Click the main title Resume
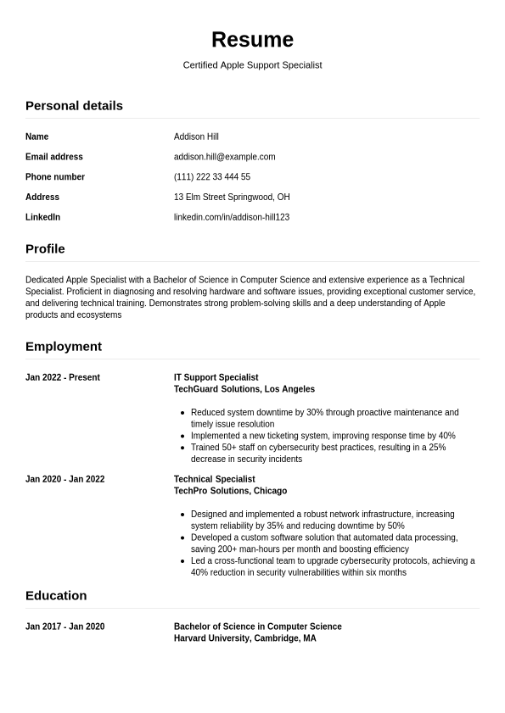pos(252,40)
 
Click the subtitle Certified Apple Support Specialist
pos(252,65)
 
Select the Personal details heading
pos(74,106)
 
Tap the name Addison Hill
pos(196,136)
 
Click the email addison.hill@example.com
pos(224,157)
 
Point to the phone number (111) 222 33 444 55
pos(212,177)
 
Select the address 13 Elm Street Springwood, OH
pos(232,198)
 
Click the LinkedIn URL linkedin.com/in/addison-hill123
pos(232,218)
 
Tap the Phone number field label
pos(55,177)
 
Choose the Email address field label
pos(54,157)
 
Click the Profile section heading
pos(45,249)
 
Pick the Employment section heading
pos(64,347)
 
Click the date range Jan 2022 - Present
pos(63,378)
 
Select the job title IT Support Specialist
pos(216,378)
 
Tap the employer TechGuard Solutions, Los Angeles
pos(244,390)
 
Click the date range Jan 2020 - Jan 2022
pos(65,480)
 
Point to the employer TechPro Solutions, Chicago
pos(230,492)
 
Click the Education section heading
pos(56,596)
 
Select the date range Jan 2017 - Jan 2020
pos(65,627)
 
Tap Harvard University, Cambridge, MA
pos(244,639)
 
